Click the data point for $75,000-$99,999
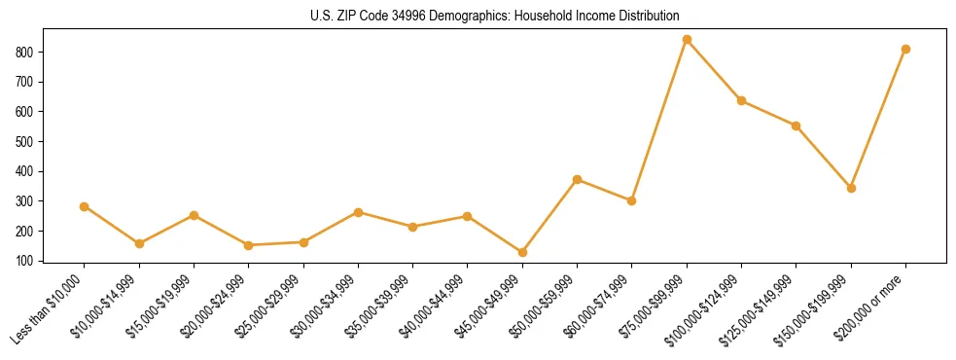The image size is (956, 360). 687,40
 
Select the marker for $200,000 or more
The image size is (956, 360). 905,49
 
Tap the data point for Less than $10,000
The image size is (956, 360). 85,206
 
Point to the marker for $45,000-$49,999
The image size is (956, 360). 522,252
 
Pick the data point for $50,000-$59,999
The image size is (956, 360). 577,179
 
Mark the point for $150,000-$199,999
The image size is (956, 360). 851,188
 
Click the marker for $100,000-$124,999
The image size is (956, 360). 741,100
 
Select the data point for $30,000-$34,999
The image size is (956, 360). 358,212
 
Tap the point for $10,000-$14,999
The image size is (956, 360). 139,243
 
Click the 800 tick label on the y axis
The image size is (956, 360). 26,52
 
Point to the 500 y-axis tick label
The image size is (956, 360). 26,141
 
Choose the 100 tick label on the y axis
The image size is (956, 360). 26,261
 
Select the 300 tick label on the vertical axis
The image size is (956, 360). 26,201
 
